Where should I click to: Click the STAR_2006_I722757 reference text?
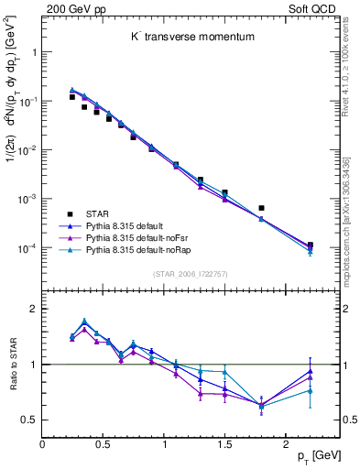point(190,274)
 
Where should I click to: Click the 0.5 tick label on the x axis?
point(103,442)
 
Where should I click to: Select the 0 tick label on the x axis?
point(42,442)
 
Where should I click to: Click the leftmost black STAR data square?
point(72,97)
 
